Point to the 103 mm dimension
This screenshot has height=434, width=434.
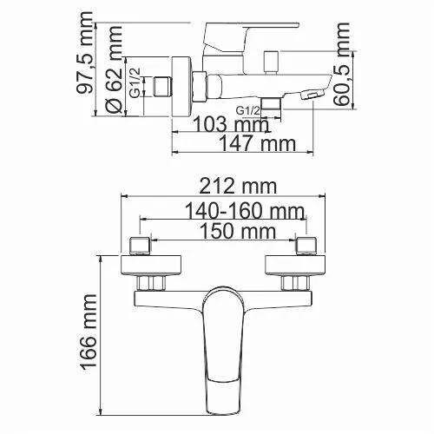point(230,125)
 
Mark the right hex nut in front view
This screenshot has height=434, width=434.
point(293,284)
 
